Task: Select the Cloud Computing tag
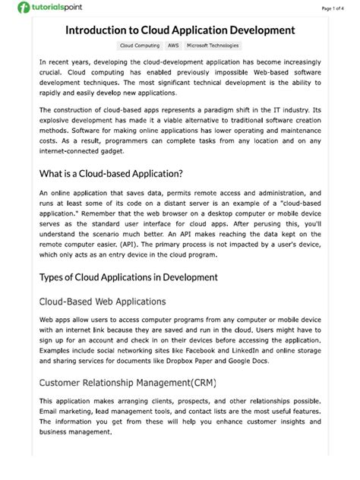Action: [139, 46]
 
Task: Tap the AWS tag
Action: [173, 46]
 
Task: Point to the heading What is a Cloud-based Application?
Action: [111, 173]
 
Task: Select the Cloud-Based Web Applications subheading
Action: [102, 302]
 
